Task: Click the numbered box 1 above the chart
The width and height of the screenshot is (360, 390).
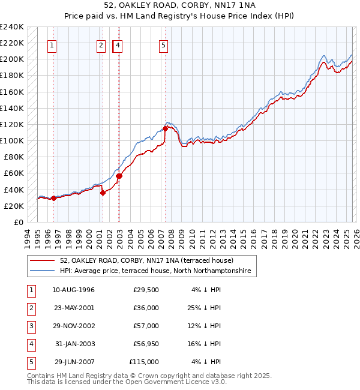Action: pyautogui.click(x=53, y=44)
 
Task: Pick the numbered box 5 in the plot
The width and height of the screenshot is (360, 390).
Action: pyautogui.click(x=164, y=44)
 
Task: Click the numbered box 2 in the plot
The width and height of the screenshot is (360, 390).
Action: pyautogui.click(x=101, y=44)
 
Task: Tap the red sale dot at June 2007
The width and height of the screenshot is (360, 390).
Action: pyautogui.click(x=165, y=128)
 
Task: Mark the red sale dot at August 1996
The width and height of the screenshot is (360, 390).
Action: pyautogui.click(x=53, y=198)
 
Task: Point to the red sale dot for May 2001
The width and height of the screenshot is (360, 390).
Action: pyautogui.click(x=103, y=193)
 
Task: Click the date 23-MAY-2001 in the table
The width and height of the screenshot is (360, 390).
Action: pyautogui.click(x=71, y=308)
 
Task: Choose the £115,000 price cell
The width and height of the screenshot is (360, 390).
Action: pyautogui.click(x=144, y=362)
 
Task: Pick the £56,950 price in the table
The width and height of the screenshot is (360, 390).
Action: pyautogui.click(x=144, y=344)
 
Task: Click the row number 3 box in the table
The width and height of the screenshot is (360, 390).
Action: pyautogui.click(x=29, y=326)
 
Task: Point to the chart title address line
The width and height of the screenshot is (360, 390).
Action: pyautogui.click(x=179, y=7)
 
